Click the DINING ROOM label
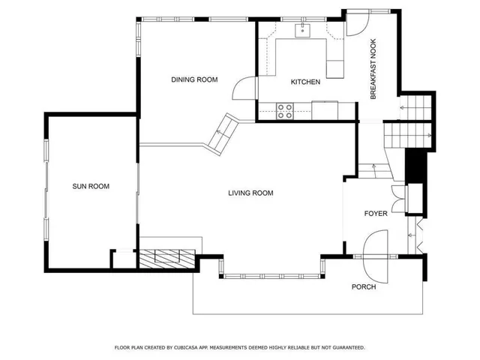point(194,79)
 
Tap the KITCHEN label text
point(306,82)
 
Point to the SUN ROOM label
point(91,186)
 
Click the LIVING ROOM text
point(250,193)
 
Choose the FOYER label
point(376,214)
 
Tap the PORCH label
point(364,286)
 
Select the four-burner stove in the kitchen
point(285,111)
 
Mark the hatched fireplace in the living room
point(169,256)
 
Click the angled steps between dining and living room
point(220,132)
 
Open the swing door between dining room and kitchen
point(244,88)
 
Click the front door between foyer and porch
point(375,251)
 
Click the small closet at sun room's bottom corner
point(121,259)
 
